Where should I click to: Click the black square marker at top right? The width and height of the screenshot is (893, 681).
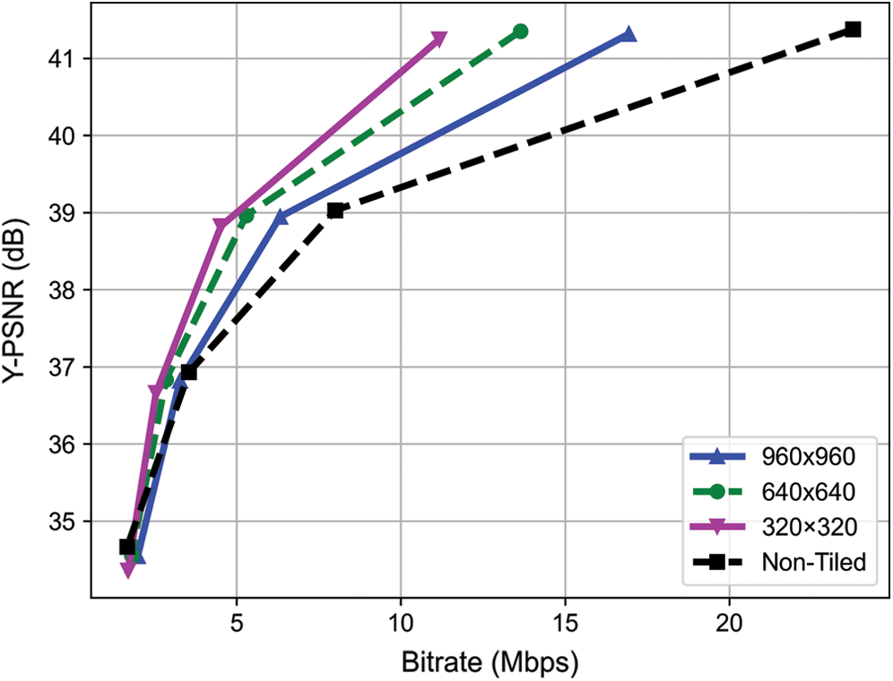pyautogui.click(x=853, y=30)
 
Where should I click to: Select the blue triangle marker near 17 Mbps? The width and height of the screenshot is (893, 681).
pyautogui.click(x=628, y=35)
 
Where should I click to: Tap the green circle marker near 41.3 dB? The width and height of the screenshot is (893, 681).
pyautogui.click(x=521, y=31)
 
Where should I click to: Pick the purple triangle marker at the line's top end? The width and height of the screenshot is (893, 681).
pyautogui.click(x=438, y=39)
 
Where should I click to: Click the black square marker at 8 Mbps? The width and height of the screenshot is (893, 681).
pyautogui.click(x=335, y=211)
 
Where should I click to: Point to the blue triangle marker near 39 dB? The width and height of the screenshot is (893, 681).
pyautogui.click(x=281, y=216)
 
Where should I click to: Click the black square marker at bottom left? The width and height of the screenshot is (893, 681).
pyautogui.click(x=127, y=547)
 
